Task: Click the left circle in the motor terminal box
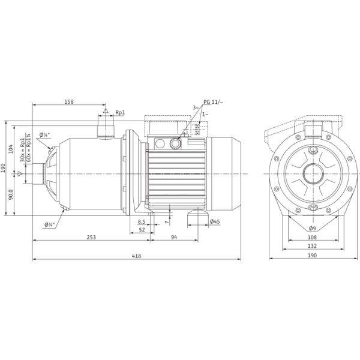(x=160, y=143)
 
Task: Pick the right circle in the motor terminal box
(x=175, y=143)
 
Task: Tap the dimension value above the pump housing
(x=69, y=103)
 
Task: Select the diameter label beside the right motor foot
(x=215, y=221)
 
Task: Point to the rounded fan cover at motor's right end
(x=231, y=173)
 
